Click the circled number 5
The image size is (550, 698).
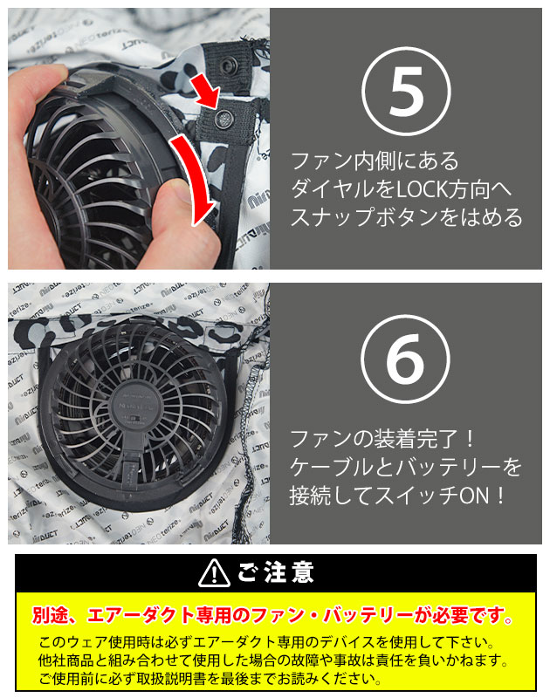pyautogui.click(x=406, y=92)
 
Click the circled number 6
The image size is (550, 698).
pyautogui.click(x=405, y=359)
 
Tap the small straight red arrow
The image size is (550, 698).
pyautogui.click(x=207, y=91)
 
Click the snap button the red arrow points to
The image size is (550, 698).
pyautogui.click(x=223, y=119)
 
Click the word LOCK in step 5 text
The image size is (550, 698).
pyautogui.click(x=422, y=189)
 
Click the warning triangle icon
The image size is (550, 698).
pyautogui.click(x=214, y=573)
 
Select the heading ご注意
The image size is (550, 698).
pyautogui.click(x=276, y=572)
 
